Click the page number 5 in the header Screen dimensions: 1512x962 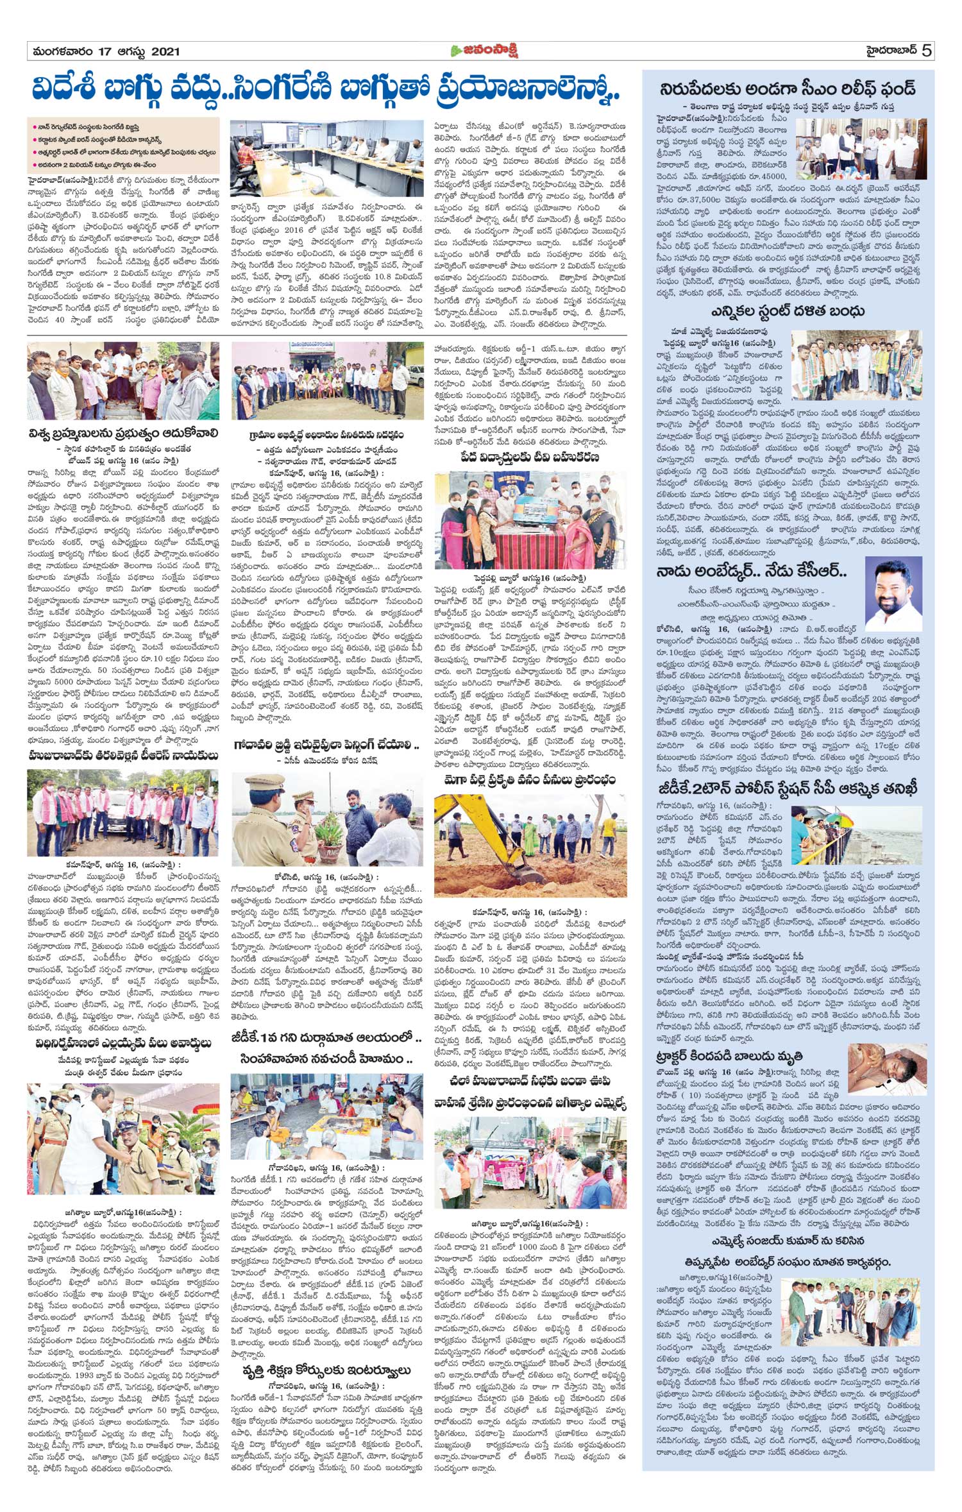pyautogui.click(x=927, y=51)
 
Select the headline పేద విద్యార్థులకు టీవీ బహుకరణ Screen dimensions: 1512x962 pyautogui.click(x=530, y=457)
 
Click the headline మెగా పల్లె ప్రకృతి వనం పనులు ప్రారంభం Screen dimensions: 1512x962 pyautogui.click(x=530, y=780)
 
